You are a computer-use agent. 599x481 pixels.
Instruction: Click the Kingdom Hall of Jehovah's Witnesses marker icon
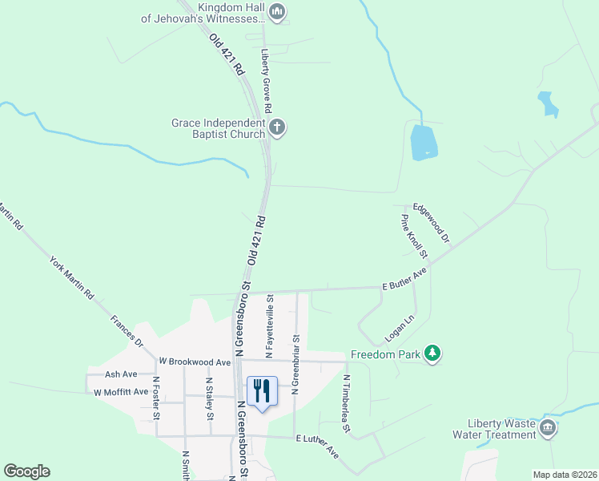(277, 11)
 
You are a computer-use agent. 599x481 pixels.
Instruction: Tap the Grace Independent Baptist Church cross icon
(276, 127)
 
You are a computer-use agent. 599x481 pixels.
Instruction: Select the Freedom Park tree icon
(432, 354)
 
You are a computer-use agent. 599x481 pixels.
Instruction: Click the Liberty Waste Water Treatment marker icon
(548, 428)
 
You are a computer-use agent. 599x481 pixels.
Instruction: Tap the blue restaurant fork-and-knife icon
(261, 392)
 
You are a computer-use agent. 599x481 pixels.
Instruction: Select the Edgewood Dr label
(432, 224)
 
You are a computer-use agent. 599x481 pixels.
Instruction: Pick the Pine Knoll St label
(415, 236)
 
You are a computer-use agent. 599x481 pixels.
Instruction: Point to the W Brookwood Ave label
(195, 362)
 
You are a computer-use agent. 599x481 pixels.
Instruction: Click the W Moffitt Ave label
(121, 392)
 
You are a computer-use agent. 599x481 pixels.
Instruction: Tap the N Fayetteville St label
(270, 325)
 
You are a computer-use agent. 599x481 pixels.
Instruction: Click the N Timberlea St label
(348, 403)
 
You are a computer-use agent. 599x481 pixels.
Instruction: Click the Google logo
(26, 471)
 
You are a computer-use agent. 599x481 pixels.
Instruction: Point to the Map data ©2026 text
(565, 475)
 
